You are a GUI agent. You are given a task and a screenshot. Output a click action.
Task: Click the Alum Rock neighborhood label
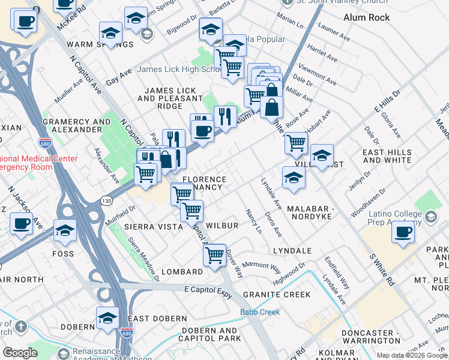366,17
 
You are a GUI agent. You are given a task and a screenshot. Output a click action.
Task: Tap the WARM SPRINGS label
100,44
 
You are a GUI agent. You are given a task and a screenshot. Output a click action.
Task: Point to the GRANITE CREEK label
277,295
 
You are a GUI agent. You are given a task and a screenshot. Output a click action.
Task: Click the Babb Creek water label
260,312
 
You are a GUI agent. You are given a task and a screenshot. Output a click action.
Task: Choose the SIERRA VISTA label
153,227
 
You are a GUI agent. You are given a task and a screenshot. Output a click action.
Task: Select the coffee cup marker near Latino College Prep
403,232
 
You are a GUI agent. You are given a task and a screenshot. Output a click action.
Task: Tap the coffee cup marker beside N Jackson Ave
22,225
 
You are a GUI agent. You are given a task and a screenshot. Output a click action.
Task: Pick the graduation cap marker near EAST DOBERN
107,317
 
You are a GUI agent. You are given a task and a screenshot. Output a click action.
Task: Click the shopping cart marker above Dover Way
214,254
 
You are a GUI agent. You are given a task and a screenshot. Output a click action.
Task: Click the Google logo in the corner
20,352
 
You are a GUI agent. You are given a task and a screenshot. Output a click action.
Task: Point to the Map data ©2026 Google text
411,355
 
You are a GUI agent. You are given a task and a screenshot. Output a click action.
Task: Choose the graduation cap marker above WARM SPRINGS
111,32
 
